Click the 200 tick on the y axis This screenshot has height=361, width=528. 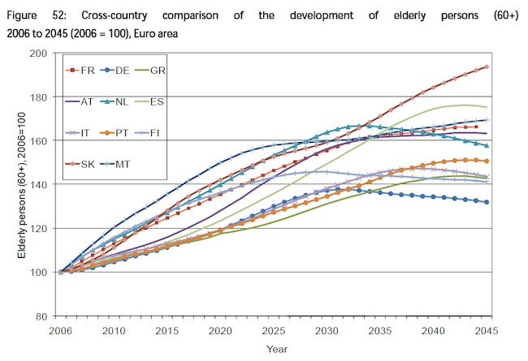pyautogui.click(x=38, y=53)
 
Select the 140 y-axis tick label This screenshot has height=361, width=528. pyautogui.click(x=38, y=184)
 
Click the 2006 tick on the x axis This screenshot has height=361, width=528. pyautogui.click(x=60, y=330)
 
